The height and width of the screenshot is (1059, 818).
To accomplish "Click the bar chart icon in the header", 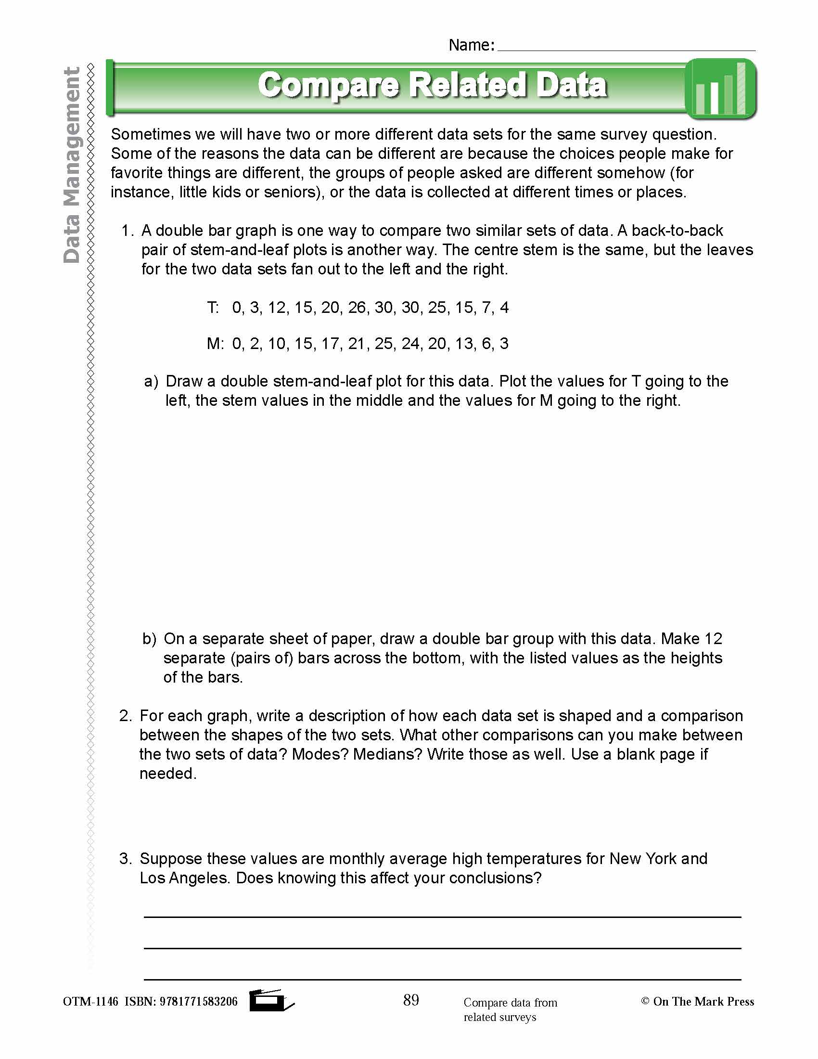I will (x=721, y=89).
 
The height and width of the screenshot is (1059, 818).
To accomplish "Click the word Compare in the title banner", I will (x=329, y=85).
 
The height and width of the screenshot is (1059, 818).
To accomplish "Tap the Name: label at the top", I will (x=471, y=45).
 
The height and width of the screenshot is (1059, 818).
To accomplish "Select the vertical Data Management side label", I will (x=72, y=165).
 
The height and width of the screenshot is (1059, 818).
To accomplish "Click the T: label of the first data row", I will (x=213, y=308).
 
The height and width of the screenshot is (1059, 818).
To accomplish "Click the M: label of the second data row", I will (x=215, y=344).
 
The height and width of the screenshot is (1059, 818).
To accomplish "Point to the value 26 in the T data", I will (x=357, y=308).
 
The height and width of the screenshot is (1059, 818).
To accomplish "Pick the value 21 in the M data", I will (x=357, y=344).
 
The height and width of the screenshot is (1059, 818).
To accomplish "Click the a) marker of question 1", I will (x=151, y=382).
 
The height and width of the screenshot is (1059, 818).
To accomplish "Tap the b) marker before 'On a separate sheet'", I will (x=149, y=639).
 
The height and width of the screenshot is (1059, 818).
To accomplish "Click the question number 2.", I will (x=125, y=716).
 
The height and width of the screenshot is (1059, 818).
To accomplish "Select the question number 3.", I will (x=125, y=859).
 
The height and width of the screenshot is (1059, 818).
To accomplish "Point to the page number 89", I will (x=411, y=1000).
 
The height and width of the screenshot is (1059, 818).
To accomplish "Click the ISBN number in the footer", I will (x=198, y=1002).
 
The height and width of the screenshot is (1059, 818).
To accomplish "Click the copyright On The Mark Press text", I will (x=697, y=1001).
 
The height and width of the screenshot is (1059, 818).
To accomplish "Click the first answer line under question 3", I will (x=442, y=917).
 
